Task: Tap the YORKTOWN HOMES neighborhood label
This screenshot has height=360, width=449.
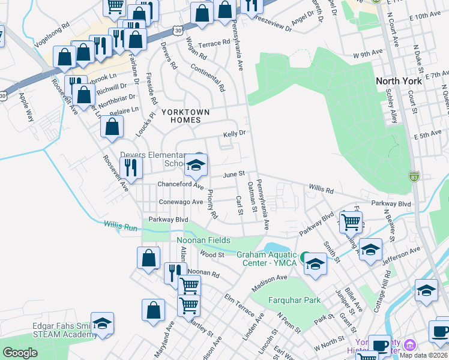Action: tap(185, 116)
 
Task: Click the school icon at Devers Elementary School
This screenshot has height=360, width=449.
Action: tap(196, 164)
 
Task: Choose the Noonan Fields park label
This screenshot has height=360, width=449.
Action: tap(203, 241)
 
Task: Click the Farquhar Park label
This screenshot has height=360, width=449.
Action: tap(295, 300)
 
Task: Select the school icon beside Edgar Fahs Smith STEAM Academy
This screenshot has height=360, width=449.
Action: tap(103, 323)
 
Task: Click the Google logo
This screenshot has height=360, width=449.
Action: tap(20, 353)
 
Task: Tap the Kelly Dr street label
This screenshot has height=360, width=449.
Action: tap(235, 134)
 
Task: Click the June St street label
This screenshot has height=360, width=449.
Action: tap(235, 174)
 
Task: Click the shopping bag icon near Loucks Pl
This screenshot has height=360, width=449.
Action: tap(112, 127)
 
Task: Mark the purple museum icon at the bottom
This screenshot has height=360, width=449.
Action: tap(410, 344)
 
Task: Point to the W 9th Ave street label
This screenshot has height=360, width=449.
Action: tap(368, 55)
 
